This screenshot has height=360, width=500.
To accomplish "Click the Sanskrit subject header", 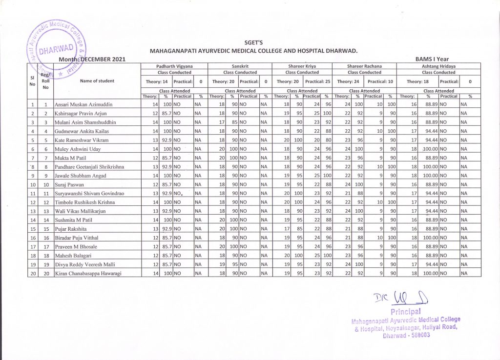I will pos(240,65).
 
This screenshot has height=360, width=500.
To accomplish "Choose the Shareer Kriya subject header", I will pos(302,65).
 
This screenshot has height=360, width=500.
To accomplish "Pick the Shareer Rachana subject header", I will pos(364,65).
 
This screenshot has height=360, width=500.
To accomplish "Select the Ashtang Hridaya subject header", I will pos(438,65).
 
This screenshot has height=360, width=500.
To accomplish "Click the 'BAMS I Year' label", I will pos(431,59).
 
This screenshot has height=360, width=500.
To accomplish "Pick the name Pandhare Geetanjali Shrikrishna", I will pos(89,167).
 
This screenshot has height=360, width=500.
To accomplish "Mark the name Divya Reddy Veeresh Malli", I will pos(86,264).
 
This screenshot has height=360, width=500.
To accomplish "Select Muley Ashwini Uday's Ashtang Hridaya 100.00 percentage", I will pos(427,149).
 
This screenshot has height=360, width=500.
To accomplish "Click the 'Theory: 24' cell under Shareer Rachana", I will pos(348,81).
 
